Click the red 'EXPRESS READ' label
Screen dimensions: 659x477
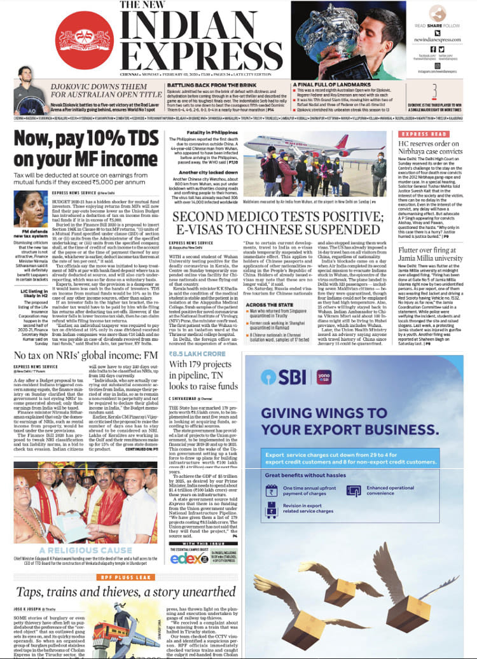click(420, 135)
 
